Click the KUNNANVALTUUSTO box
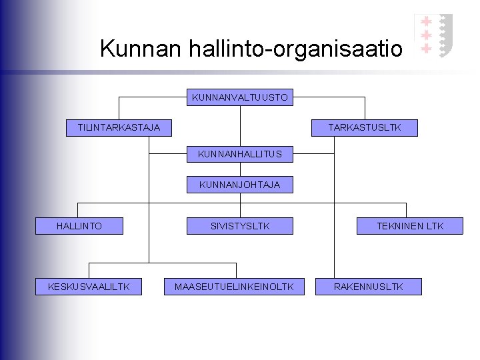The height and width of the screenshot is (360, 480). [240, 98]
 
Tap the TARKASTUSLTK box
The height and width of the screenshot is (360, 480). [365, 127]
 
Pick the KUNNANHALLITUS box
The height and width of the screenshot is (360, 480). [240, 154]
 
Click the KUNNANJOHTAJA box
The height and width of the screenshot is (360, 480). [240, 185]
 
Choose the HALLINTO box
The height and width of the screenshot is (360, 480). [79, 226]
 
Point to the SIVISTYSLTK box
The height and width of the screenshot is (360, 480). [240, 226]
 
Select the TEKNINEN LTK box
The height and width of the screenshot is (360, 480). [410, 226]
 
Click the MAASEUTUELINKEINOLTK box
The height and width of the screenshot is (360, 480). [233, 287]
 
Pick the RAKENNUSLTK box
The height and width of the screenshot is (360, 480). [369, 287]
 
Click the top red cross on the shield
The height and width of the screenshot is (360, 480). [426, 22]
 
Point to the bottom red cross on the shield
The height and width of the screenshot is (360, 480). [426, 48]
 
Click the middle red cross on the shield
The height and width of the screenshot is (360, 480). [426, 35]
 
